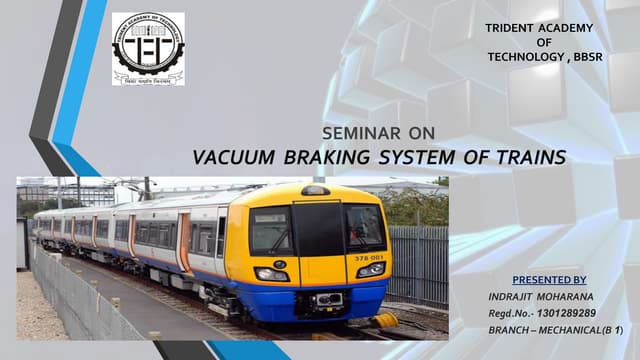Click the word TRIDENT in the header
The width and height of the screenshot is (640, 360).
point(509,28)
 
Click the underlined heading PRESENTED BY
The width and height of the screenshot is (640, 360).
point(549,281)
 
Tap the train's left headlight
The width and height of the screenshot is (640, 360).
point(271,274)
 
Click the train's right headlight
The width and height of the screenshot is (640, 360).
point(370,269)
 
